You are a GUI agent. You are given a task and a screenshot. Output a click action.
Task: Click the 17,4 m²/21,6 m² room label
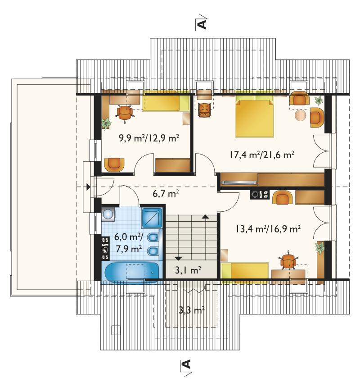pos(261,155)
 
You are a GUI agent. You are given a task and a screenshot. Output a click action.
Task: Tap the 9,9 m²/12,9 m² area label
pos(149,138)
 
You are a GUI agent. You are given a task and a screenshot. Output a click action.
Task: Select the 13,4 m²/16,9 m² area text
pos(268,229)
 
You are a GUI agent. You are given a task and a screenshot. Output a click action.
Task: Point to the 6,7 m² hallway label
pos(166,193)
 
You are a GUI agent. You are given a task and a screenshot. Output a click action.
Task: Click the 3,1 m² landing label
pos(188,270)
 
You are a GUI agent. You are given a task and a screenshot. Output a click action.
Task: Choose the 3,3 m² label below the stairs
pos(192,310)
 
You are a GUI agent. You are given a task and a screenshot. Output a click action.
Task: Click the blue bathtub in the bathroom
pos(132,272)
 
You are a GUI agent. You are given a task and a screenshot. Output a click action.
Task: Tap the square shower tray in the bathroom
pos(152,218)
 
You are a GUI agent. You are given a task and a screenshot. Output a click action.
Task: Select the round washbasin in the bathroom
pos(108,214)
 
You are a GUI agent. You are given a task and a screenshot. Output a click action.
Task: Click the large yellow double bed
pos(254,118)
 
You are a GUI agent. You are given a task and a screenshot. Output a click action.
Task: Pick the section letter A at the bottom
pos(187,364)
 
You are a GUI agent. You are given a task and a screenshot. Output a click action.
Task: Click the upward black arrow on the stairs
pos(205,217)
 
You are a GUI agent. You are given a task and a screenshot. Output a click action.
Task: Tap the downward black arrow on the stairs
pos(178,259)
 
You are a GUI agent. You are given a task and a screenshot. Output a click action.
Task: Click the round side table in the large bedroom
pos(301,115)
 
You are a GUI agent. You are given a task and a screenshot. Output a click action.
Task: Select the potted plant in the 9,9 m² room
pos(106,123)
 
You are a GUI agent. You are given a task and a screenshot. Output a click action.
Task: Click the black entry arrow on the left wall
pos(88,187)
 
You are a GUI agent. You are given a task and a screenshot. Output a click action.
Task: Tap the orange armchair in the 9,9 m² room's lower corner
pos(114,164)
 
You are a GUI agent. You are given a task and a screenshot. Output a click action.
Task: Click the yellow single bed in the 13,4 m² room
pos(245,272)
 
